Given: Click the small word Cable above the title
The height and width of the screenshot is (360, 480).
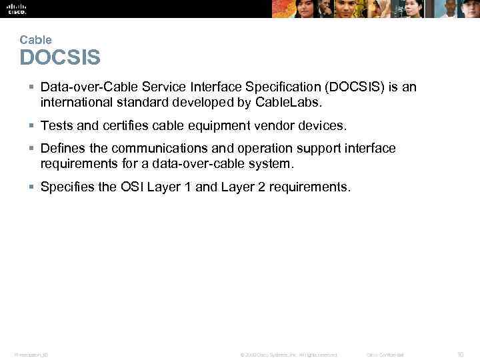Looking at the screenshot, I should pos(35,40).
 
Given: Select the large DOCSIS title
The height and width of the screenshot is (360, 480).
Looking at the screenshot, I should pos(60,58).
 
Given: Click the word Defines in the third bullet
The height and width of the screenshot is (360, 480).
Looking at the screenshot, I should pos(63,148).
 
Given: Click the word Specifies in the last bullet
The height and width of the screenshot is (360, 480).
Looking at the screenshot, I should pos(67,187).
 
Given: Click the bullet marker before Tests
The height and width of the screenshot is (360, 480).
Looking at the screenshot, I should pos(32,125).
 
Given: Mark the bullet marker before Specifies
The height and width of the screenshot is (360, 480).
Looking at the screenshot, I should pos(32,187).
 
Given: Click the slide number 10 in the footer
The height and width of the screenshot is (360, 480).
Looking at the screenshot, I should pos(460,355).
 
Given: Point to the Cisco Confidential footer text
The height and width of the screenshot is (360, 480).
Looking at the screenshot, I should pos(385,355).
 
